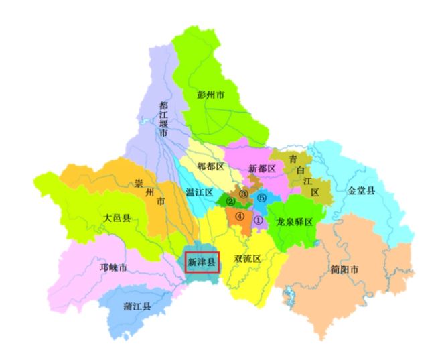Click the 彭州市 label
pyautogui.click(x=214, y=95)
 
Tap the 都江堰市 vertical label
pyautogui.click(x=163, y=119)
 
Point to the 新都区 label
pyautogui.click(x=262, y=168)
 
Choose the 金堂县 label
pyautogui.click(x=362, y=190)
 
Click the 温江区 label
pyautogui.click(x=198, y=192)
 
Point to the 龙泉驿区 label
pyautogui.click(x=295, y=222)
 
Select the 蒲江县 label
pyautogui.click(x=137, y=306)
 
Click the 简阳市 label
pyautogui.click(x=344, y=269)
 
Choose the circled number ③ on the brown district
pyautogui.click(x=244, y=194)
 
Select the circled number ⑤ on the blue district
pyautogui.click(x=262, y=198)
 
